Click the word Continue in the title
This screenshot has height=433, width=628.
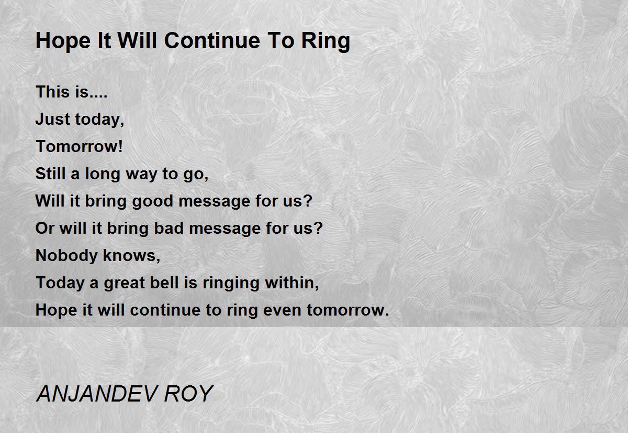[212, 41]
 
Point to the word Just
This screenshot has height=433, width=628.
[53, 119]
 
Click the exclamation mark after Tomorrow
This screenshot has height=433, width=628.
[120, 146]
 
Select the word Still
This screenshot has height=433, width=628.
[50, 174]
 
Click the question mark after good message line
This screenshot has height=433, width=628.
[308, 200]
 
